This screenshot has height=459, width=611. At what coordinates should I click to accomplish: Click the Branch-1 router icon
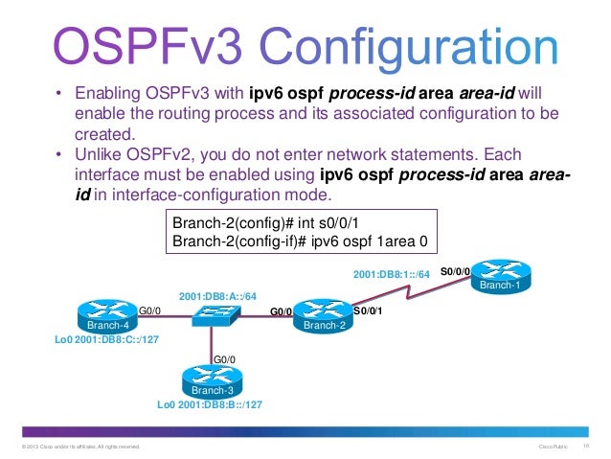[500, 277]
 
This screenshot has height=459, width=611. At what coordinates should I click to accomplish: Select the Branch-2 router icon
[324, 315]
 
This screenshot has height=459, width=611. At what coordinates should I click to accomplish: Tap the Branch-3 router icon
[212, 381]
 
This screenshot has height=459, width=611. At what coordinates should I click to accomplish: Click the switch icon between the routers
[212, 314]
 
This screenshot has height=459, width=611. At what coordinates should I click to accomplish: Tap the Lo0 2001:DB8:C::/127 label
[102, 339]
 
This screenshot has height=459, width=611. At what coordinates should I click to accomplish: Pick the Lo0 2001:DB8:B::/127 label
[210, 404]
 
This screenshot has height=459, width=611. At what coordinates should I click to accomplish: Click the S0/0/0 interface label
[456, 271]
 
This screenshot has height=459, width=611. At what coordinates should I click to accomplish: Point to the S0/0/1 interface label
[369, 310]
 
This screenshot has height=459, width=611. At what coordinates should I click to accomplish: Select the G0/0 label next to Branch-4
[149, 310]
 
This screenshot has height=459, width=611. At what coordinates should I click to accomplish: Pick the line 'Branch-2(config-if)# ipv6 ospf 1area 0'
[298, 241]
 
